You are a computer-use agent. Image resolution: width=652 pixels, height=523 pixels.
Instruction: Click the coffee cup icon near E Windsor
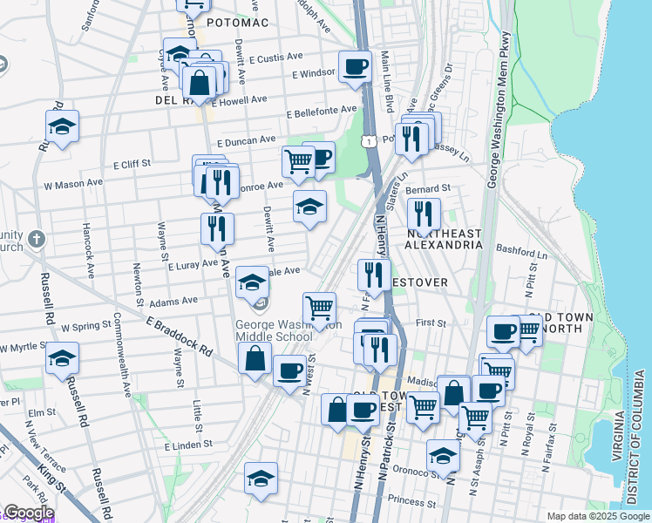pyautogui.click(x=355, y=67)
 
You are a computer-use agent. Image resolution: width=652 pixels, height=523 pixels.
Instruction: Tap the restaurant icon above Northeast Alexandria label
pyautogui.click(x=423, y=212)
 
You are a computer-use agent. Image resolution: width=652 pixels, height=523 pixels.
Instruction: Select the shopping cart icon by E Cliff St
pyautogui.click(x=298, y=162)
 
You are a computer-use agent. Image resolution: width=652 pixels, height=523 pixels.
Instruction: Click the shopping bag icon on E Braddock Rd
pyautogui.click(x=254, y=359)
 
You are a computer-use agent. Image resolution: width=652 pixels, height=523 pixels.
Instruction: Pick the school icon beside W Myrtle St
pyautogui.click(x=62, y=358)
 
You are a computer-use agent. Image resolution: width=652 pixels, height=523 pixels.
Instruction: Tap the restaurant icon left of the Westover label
pyautogui.click(x=374, y=275)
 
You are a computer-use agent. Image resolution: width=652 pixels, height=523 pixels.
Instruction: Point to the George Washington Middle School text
pyautogui.click(x=274, y=330)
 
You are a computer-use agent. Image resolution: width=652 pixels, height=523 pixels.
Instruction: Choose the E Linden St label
pyautogui.click(x=188, y=445)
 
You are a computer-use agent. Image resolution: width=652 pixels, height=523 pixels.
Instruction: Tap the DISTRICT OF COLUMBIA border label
pyautogui.click(x=638, y=436)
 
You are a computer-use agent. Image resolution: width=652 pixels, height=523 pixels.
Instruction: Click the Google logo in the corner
pyautogui.click(x=28, y=513)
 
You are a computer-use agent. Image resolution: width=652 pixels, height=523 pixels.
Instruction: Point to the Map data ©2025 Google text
pyautogui.click(x=597, y=516)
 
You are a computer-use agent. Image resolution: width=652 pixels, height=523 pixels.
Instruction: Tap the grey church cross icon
pyautogui.click(x=35, y=238)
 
